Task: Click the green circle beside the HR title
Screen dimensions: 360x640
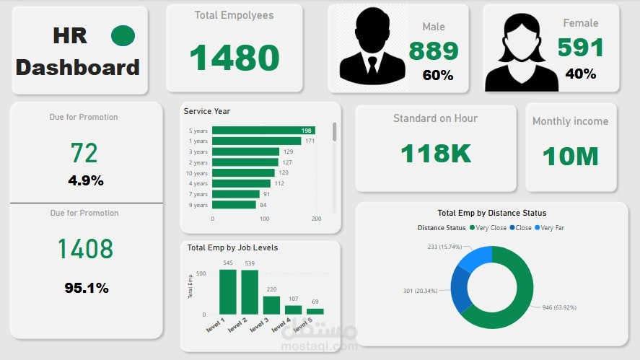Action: click(x=123, y=35)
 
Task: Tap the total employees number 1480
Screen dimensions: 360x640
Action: click(x=234, y=58)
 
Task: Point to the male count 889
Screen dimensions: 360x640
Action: click(x=434, y=51)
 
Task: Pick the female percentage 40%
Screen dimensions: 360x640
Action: click(x=580, y=74)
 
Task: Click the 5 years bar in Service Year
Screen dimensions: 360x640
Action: click(x=263, y=131)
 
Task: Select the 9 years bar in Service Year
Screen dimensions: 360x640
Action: click(x=234, y=205)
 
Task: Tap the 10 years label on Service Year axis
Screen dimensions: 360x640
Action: click(x=197, y=173)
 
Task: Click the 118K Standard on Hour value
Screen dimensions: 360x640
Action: click(x=435, y=153)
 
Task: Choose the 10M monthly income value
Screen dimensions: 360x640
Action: click(x=571, y=156)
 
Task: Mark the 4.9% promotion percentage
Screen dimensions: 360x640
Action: click(x=86, y=180)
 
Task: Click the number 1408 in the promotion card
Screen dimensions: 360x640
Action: click(x=86, y=249)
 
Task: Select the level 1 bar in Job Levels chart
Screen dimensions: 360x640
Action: click(x=228, y=291)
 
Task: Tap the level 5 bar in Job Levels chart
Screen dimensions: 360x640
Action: click(x=315, y=312)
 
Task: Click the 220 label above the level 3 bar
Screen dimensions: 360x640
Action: click(x=271, y=289)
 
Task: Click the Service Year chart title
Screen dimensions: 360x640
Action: click(x=207, y=111)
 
